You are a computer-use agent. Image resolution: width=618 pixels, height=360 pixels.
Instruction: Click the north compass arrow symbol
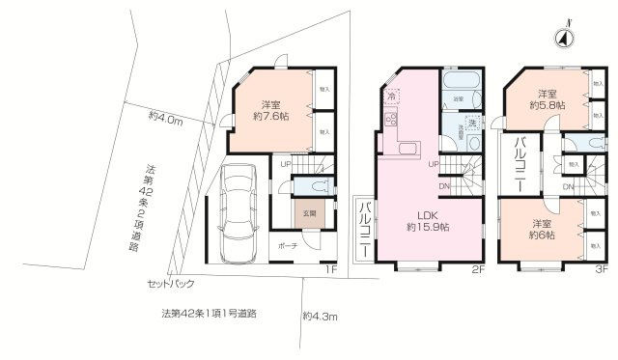[x=561, y=38]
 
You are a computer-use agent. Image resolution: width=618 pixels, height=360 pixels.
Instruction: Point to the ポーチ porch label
[x=288, y=246]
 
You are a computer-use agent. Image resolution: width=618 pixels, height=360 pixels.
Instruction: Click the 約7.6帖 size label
[x=270, y=117]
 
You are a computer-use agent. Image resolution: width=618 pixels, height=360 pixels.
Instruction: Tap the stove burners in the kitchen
[x=392, y=121]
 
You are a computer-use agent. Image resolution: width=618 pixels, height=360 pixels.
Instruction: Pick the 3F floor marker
[x=601, y=269]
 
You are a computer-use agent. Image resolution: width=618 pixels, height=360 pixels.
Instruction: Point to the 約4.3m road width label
[x=320, y=316]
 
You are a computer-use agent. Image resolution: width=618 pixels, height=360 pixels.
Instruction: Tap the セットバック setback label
[x=171, y=285]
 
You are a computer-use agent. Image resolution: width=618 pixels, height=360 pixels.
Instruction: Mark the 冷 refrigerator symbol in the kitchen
[x=392, y=96]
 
